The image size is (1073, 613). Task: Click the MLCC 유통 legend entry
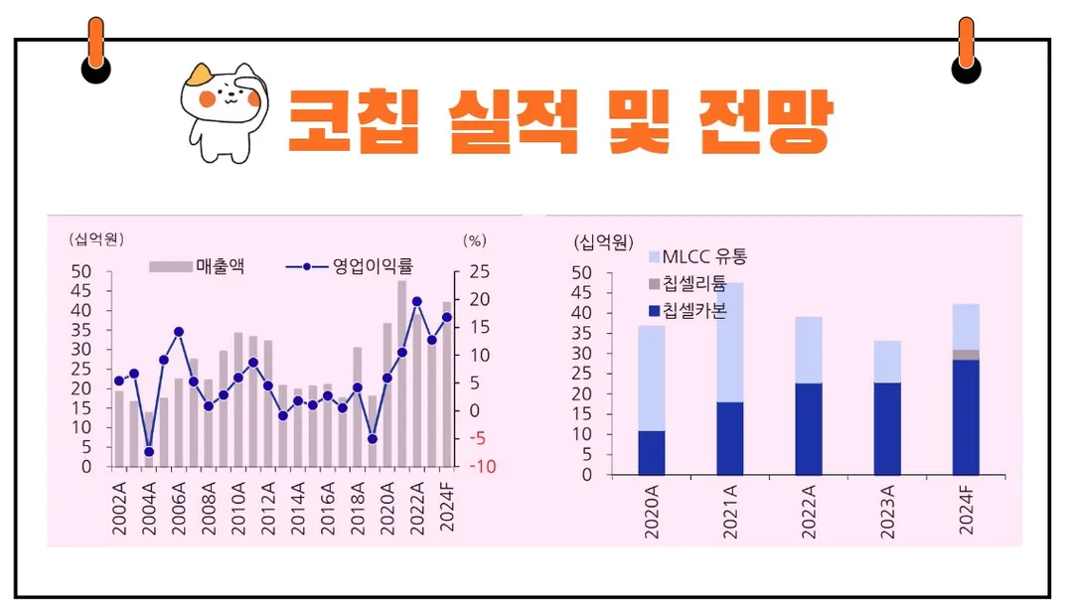coord(696,257)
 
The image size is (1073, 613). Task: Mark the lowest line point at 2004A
coord(149,451)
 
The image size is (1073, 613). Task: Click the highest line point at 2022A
coord(417,301)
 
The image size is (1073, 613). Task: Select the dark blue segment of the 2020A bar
coord(652,453)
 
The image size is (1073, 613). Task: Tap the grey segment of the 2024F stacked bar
coord(966,355)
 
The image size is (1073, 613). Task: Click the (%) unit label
coord(475,240)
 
